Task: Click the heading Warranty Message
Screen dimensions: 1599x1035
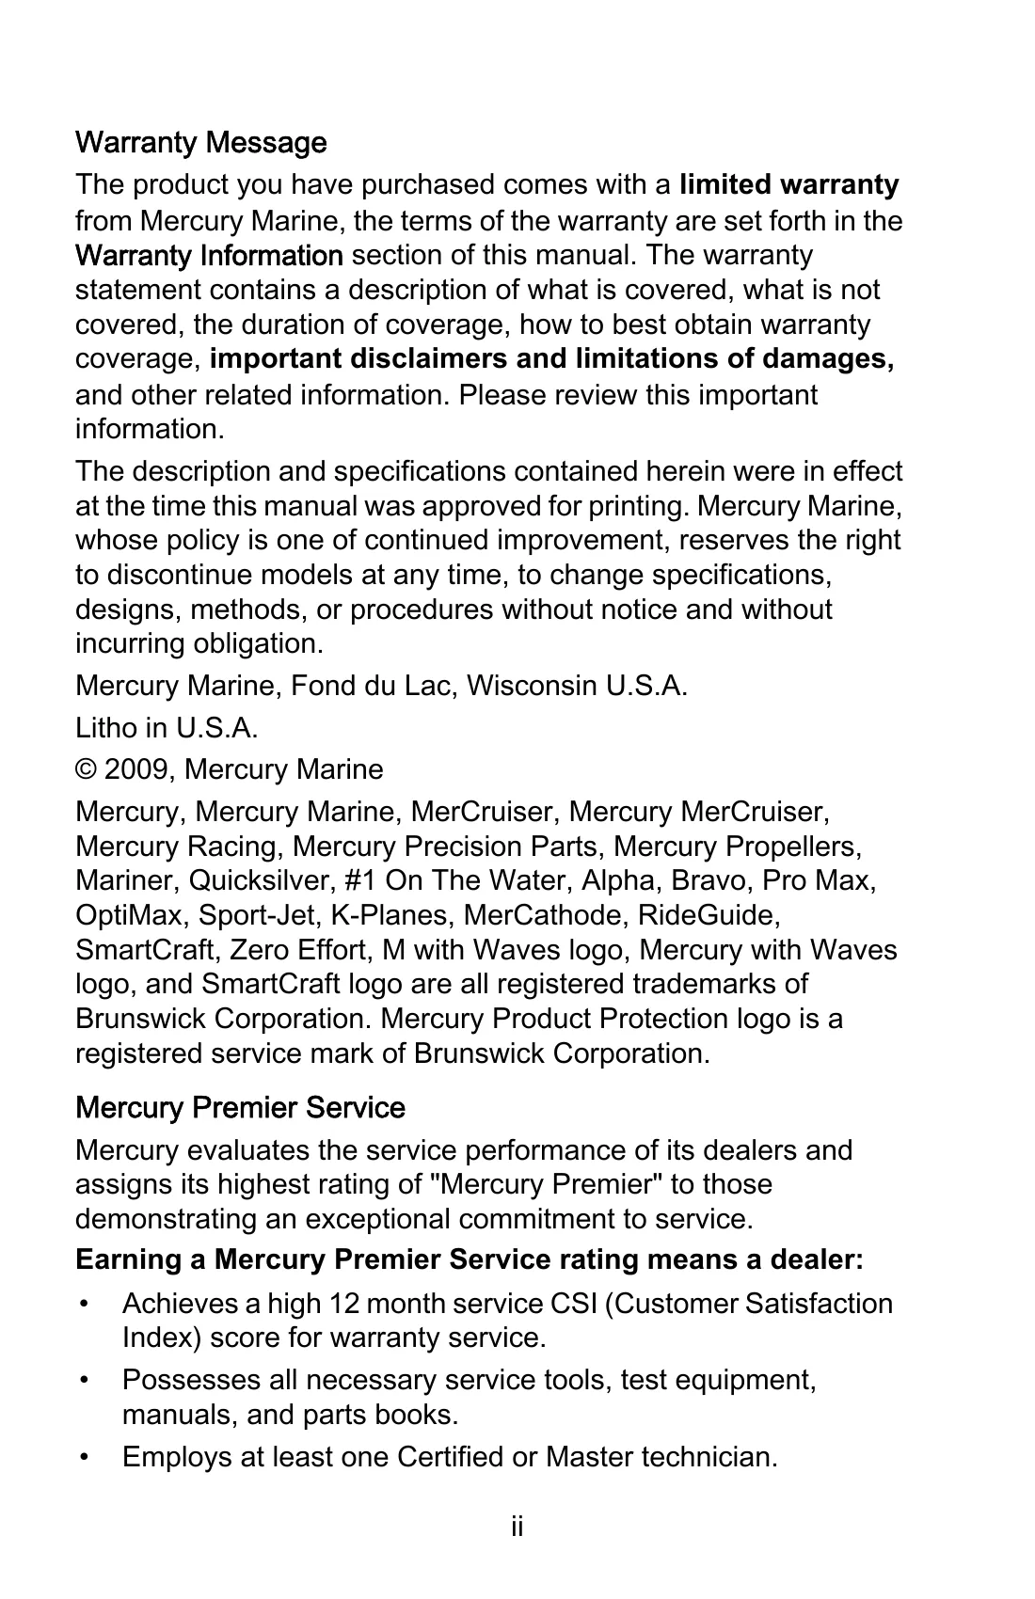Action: (200, 143)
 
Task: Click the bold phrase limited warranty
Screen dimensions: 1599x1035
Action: (788, 184)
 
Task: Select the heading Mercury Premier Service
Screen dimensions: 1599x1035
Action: (240, 1107)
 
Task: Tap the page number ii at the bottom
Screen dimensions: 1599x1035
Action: (517, 1527)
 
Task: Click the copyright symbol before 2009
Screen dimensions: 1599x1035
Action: (86, 769)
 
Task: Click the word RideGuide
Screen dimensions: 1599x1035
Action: (708, 915)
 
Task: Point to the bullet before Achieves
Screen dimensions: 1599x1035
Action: (86, 1304)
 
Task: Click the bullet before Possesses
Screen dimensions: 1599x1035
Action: (86, 1380)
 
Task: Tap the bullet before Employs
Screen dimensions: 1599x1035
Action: (86, 1457)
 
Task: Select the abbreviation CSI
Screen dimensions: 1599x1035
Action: (572, 1304)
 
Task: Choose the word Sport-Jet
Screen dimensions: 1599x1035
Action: (243, 915)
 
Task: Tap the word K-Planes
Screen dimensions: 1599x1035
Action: (386, 915)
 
